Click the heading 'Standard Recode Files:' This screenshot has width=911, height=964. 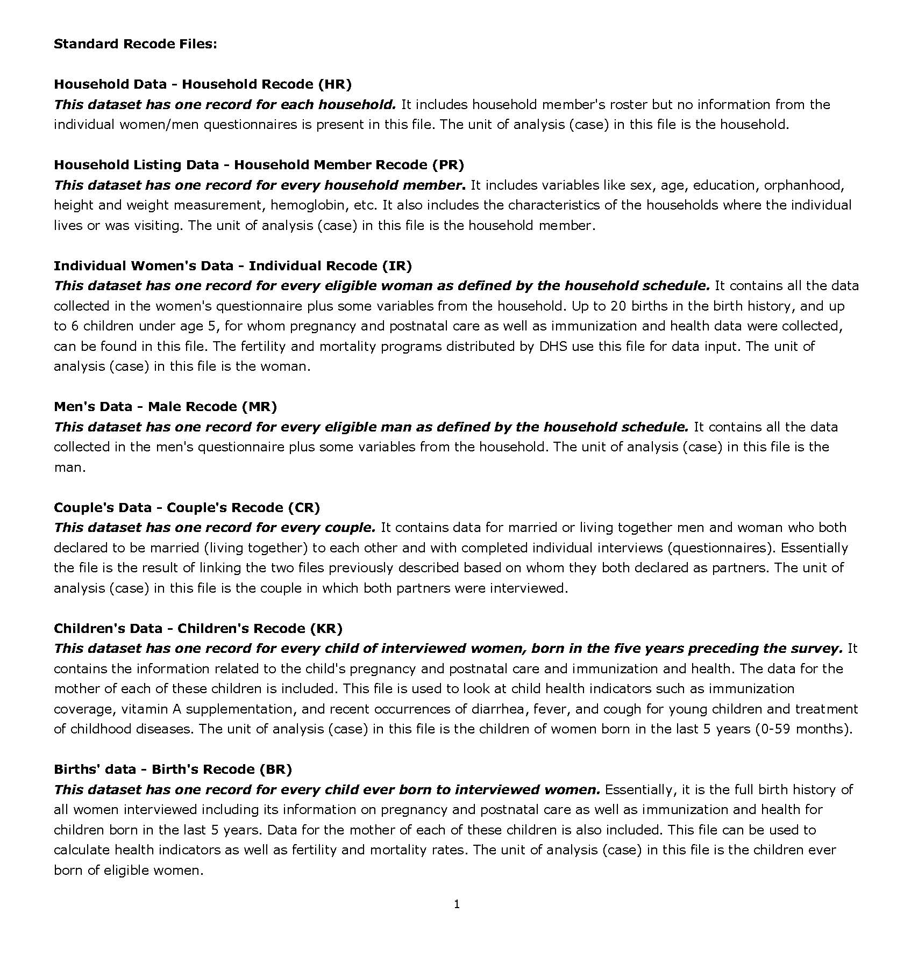click(x=136, y=44)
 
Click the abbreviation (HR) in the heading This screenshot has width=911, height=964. click(x=334, y=84)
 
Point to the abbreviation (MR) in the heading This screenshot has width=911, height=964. click(x=259, y=406)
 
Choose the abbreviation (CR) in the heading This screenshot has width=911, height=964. click(x=304, y=507)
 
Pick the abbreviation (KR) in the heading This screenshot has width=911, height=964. click(x=326, y=628)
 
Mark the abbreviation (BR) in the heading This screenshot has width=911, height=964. click(x=275, y=769)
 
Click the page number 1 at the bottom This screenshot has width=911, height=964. click(x=457, y=904)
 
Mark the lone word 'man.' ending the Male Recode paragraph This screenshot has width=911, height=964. click(x=70, y=467)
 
